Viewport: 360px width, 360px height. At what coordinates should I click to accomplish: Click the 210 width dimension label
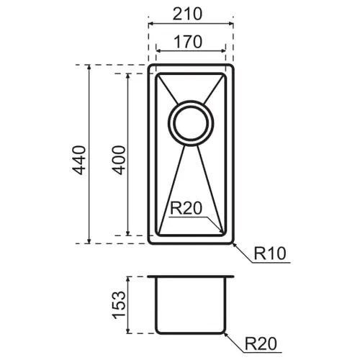point(187,14)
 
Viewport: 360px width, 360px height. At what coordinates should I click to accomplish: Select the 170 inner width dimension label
point(188,42)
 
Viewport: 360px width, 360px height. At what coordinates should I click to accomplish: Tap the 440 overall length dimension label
point(78,160)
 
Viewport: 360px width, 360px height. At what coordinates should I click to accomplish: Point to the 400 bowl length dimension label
point(119,160)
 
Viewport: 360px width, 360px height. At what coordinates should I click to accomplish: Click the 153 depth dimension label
point(119,305)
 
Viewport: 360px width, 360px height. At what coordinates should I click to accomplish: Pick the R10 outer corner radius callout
point(270,253)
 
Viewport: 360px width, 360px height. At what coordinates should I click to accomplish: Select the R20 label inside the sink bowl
point(186,208)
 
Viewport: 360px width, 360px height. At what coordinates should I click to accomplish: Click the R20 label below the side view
point(261,343)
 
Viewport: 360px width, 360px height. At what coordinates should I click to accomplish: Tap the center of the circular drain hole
point(191,123)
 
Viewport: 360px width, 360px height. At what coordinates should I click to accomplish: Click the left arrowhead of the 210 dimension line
point(150,24)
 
